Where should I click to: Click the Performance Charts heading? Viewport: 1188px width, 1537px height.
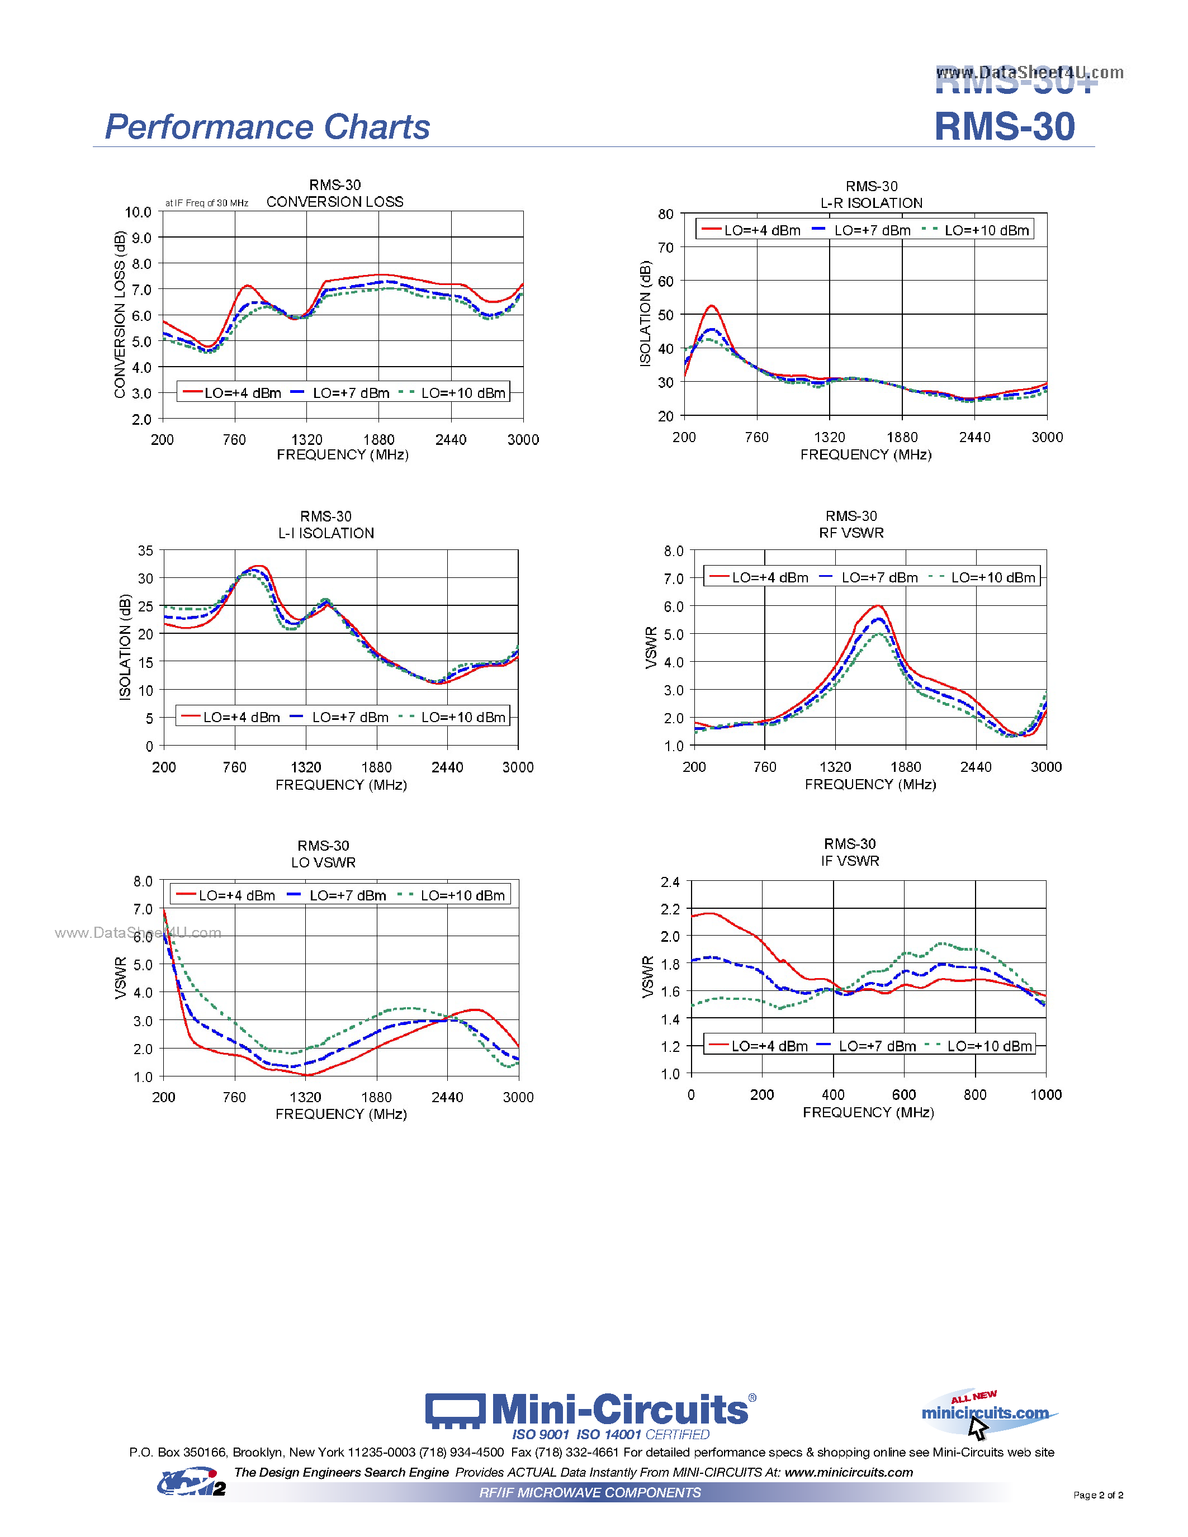pyautogui.click(x=267, y=127)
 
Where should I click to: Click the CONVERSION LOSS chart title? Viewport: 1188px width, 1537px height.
pyautogui.click(x=334, y=202)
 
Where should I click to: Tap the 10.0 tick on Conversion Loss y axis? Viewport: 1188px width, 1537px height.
pyautogui.click(x=138, y=212)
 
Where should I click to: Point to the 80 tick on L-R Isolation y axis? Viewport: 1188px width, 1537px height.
pyautogui.click(x=666, y=214)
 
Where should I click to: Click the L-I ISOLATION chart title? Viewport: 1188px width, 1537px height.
pyautogui.click(x=326, y=533)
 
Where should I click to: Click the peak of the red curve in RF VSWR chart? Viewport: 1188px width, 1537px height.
pyautogui.click(x=878, y=605)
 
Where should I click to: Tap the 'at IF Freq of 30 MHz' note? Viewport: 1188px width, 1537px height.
pyautogui.click(x=206, y=203)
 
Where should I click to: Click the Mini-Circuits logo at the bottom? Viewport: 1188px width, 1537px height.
pyautogui.click(x=590, y=1410)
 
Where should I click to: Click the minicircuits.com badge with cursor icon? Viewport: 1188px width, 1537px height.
pyautogui.click(x=985, y=1413)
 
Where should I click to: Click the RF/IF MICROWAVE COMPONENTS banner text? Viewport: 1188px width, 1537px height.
pyautogui.click(x=590, y=1493)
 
